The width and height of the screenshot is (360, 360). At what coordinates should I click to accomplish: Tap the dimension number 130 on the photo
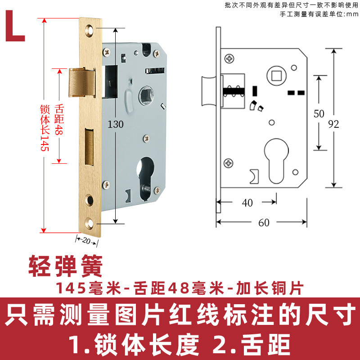coord(115,124)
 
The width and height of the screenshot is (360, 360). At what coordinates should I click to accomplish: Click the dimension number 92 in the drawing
coord(333,124)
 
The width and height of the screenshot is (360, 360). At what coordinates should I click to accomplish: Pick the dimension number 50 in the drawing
coord(319,114)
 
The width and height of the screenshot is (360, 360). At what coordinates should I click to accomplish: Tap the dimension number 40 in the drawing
coord(247,203)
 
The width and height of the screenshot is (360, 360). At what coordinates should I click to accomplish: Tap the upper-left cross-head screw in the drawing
coord(230,58)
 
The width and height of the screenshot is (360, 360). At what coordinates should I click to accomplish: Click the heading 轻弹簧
coord(66,265)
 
